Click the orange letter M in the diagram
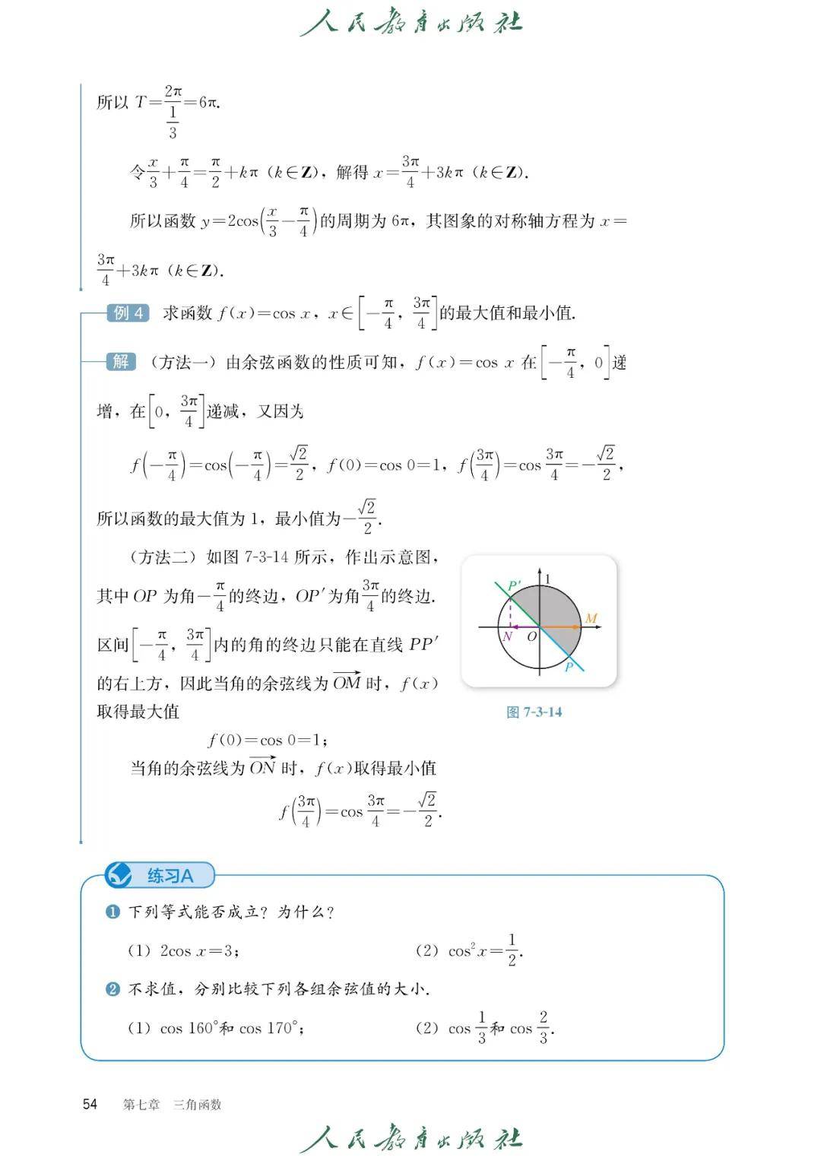pyautogui.click(x=591, y=618)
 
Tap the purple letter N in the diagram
pyautogui.click(x=507, y=636)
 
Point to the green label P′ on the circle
pyautogui.click(x=514, y=586)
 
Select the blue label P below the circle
pyautogui.click(x=568, y=668)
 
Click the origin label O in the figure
pyautogui.click(x=532, y=636)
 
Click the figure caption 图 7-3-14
pyautogui.click(x=534, y=712)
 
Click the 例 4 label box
pyautogui.click(x=128, y=312)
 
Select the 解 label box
pyautogui.click(x=121, y=362)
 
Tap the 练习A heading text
pyautogui.click(x=170, y=876)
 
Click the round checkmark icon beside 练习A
pyautogui.click(x=118, y=875)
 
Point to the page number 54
pyautogui.click(x=90, y=1104)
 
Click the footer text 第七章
pyautogui.click(x=141, y=1105)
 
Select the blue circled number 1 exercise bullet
pyautogui.click(x=113, y=912)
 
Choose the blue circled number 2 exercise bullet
pyautogui.click(x=113, y=989)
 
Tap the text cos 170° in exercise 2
pyautogui.click(x=271, y=1029)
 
